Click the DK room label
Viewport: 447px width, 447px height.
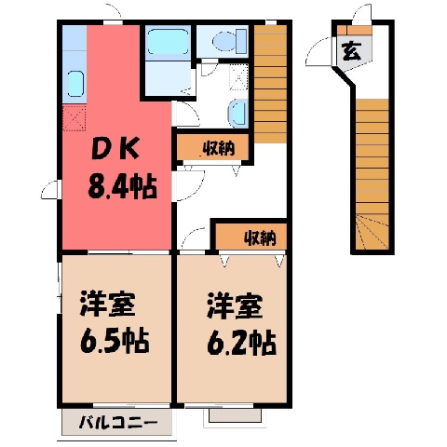click(115, 150)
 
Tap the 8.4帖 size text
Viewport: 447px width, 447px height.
click(122, 187)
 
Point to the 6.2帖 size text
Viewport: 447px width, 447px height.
click(241, 343)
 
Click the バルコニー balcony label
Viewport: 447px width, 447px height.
click(117, 423)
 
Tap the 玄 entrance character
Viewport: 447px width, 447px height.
click(351, 51)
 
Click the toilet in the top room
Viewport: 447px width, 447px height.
click(230, 40)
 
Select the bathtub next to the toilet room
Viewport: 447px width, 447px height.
click(168, 42)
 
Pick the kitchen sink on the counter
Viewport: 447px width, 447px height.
click(75, 84)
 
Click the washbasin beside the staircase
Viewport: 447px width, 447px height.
click(237, 114)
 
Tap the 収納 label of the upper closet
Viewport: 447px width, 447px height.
click(219, 149)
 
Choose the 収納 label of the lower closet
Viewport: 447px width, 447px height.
click(260, 238)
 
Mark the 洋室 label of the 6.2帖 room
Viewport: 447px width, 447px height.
click(235, 305)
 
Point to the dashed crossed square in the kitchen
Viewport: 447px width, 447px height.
click(74, 118)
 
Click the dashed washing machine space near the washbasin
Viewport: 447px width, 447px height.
click(238, 77)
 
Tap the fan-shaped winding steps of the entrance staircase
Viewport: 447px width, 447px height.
click(372, 232)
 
